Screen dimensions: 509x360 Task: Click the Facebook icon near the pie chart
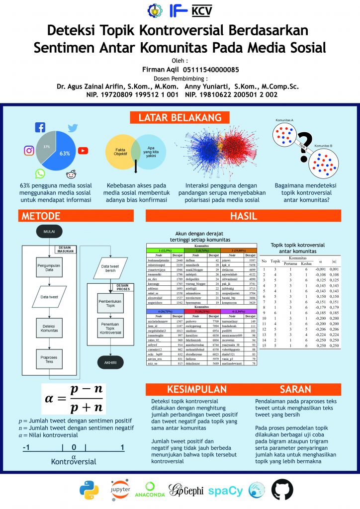pos(40,128)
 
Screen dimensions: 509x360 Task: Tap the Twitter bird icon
pos(73,128)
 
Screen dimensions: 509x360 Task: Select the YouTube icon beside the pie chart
pos(83,151)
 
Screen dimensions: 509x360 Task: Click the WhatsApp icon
pos(40,173)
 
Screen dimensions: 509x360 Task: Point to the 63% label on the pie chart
pos(64,154)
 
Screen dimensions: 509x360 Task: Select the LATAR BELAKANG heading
pos(180,118)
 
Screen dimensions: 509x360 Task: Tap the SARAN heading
pos(295,389)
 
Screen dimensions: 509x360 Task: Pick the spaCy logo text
pos(225,491)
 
